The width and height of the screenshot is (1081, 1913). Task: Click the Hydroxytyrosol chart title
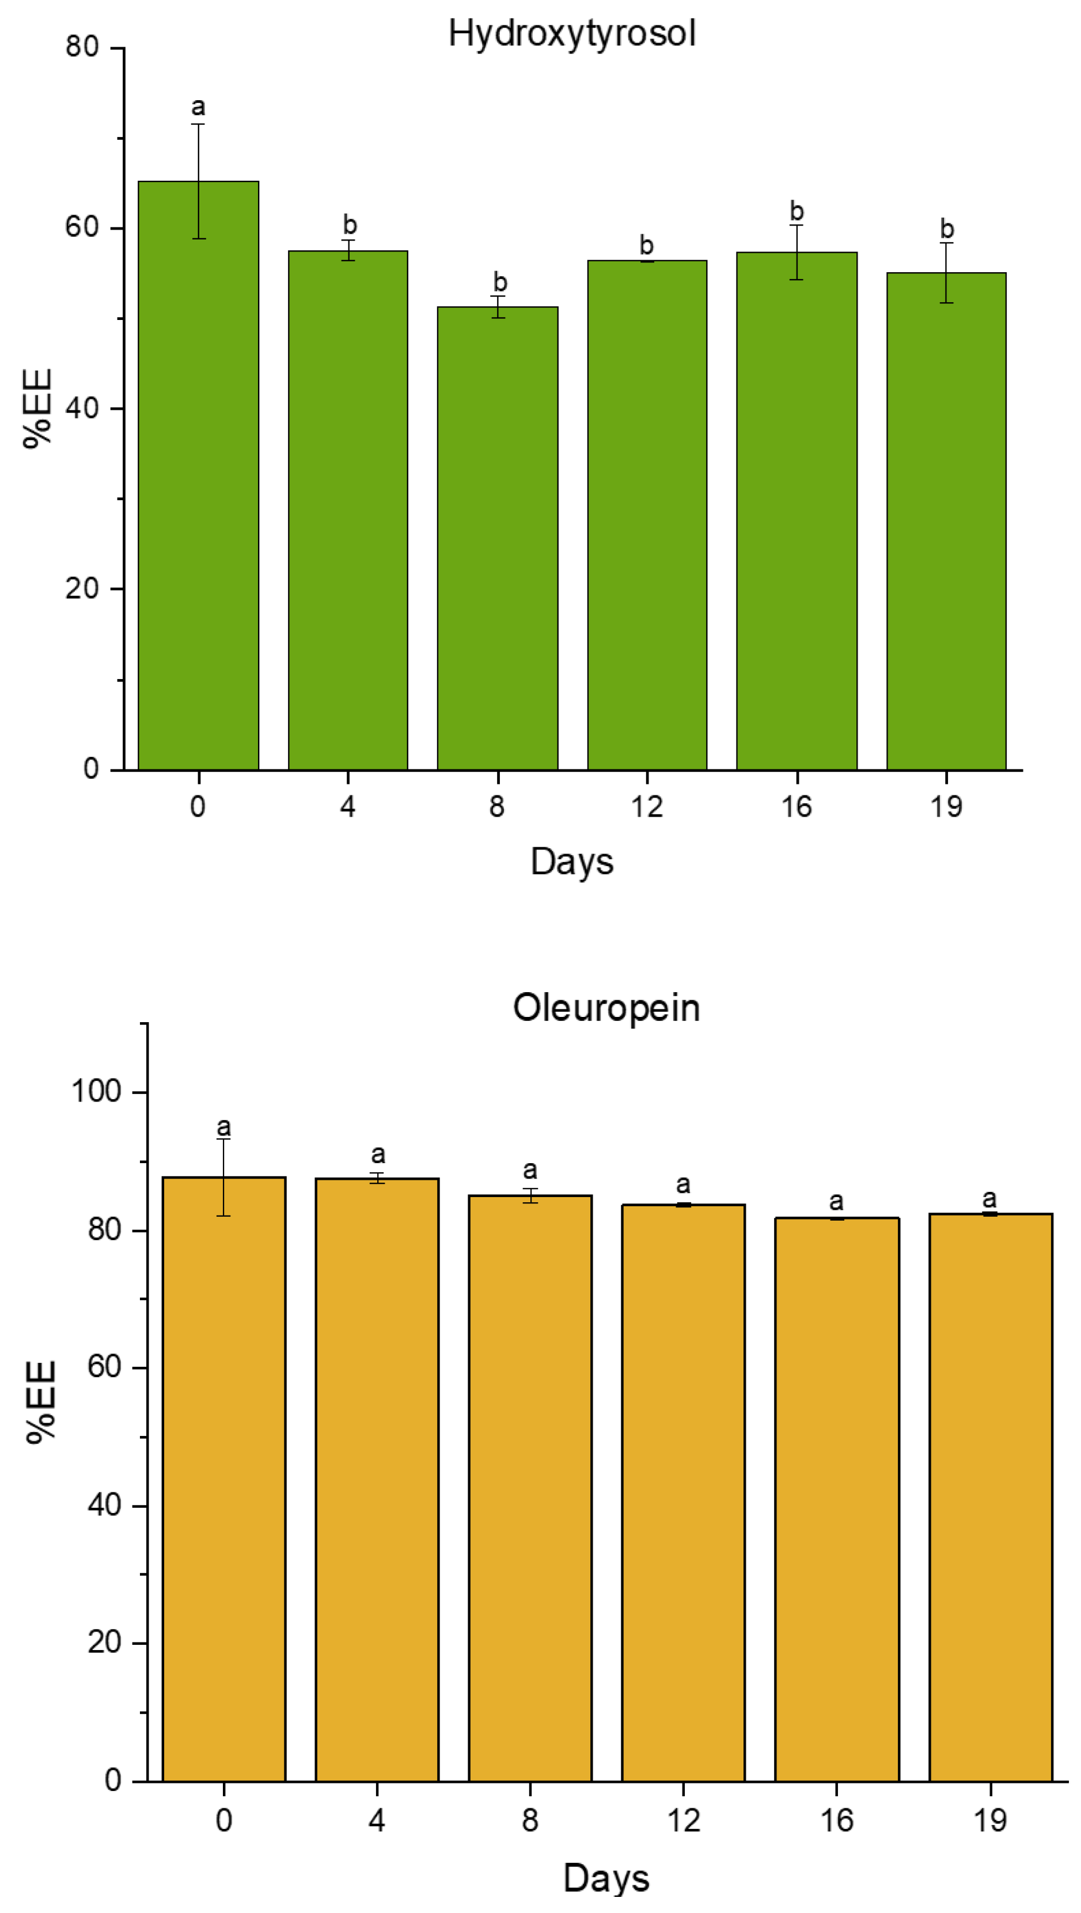coord(571,34)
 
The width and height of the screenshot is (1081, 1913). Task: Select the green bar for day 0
coord(198,475)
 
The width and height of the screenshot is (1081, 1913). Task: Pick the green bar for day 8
coord(497,539)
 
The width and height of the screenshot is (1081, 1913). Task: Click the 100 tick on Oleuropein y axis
coord(95,1091)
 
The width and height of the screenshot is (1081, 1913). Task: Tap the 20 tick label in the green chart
coord(82,588)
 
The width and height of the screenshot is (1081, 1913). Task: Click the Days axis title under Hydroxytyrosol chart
coord(571,862)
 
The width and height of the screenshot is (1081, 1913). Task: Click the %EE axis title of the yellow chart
coord(41,1401)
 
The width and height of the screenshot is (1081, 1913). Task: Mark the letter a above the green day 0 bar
coord(198,107)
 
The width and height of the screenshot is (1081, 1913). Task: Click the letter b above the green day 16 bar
coord(796,212)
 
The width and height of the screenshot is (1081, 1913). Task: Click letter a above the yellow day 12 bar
coord(683,1184)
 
